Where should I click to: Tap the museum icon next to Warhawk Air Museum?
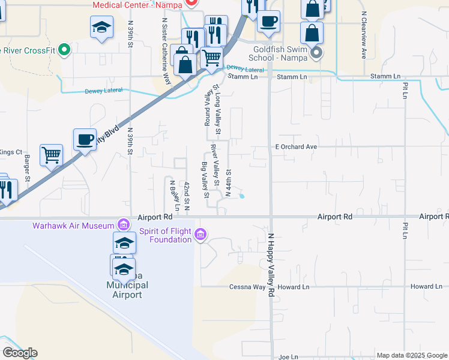coord(123,225)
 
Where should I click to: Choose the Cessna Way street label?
coord(250,287)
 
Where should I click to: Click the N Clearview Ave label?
coord(363,36)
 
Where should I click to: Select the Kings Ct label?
coord(11,152)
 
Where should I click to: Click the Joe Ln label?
coord(288,357)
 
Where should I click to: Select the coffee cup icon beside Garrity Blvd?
coord(85,140)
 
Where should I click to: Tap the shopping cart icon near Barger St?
coord(51,154)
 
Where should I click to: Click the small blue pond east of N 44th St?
coord(241,196)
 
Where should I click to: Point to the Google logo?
coord(20,353)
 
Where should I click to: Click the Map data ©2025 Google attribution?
coord(411,355)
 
